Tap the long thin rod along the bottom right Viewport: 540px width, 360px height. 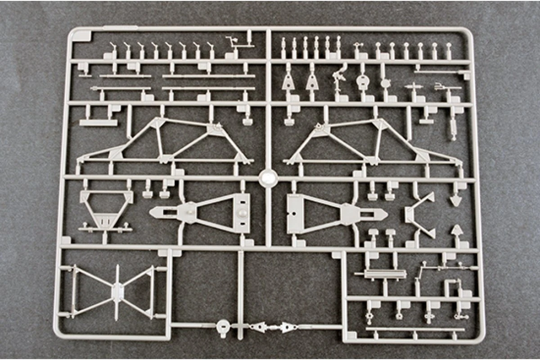pos(414,329)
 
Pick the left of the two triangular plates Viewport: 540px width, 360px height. pos(288,81)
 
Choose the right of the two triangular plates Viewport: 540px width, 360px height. pos(311,81)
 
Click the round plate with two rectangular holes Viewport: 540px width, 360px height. pos(363,81)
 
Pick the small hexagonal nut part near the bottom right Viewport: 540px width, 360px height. pos(399,316)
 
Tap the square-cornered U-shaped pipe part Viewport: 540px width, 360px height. pos(450,286)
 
